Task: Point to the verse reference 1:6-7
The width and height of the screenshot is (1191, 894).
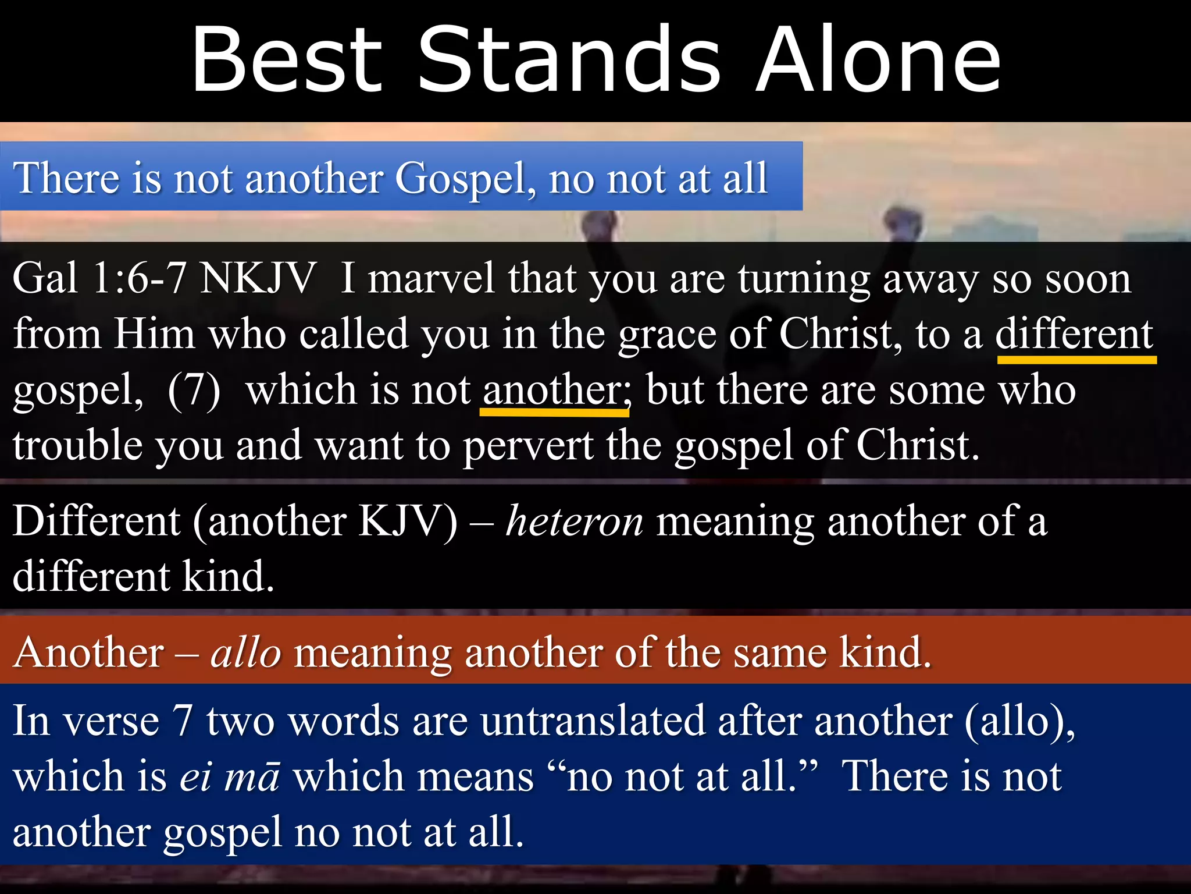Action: point(138,278)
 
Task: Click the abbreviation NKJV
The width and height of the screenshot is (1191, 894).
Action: point(257,278)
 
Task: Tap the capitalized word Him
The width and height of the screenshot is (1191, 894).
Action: point(154,334)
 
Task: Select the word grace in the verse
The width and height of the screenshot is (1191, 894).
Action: point(667,335)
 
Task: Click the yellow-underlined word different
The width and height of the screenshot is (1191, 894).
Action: point(1075,334)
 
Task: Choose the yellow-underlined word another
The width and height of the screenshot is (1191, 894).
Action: point(554,390)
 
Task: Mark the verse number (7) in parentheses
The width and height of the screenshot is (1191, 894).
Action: point(194,390)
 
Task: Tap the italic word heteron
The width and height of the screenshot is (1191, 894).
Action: point(575,521)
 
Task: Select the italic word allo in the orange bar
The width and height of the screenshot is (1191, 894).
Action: point(246,652)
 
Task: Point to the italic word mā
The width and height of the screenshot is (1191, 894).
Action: point(252,778)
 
